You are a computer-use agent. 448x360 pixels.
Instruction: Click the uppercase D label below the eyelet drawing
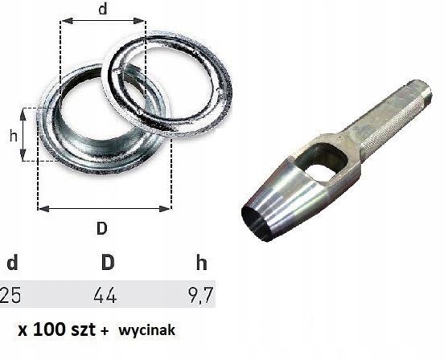[101, 227]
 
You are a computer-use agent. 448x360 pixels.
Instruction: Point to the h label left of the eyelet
[13, 136]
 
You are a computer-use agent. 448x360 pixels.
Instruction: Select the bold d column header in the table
[11, 263]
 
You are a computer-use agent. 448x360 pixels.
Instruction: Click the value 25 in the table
[11, 297]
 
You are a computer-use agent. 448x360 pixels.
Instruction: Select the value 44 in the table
[105, 297]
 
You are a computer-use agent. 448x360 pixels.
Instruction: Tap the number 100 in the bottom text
[56, 329]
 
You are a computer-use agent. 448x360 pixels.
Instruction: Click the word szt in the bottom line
[88, 329]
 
